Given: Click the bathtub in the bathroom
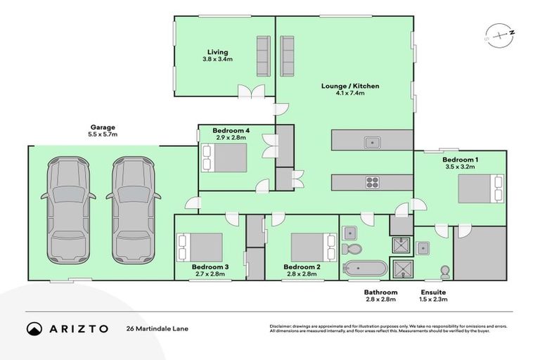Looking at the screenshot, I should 365,269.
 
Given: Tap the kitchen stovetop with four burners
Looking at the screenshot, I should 372,183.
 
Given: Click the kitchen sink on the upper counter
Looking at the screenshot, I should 372,143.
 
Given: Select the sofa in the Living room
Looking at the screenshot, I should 264,56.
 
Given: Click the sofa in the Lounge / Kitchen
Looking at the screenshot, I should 287,56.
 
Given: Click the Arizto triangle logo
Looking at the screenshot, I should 34,328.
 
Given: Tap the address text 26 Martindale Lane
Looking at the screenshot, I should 157,328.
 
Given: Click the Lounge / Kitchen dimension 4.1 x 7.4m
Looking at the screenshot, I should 350,94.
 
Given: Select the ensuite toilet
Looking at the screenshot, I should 444,271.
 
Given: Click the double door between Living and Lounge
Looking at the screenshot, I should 250,91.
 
